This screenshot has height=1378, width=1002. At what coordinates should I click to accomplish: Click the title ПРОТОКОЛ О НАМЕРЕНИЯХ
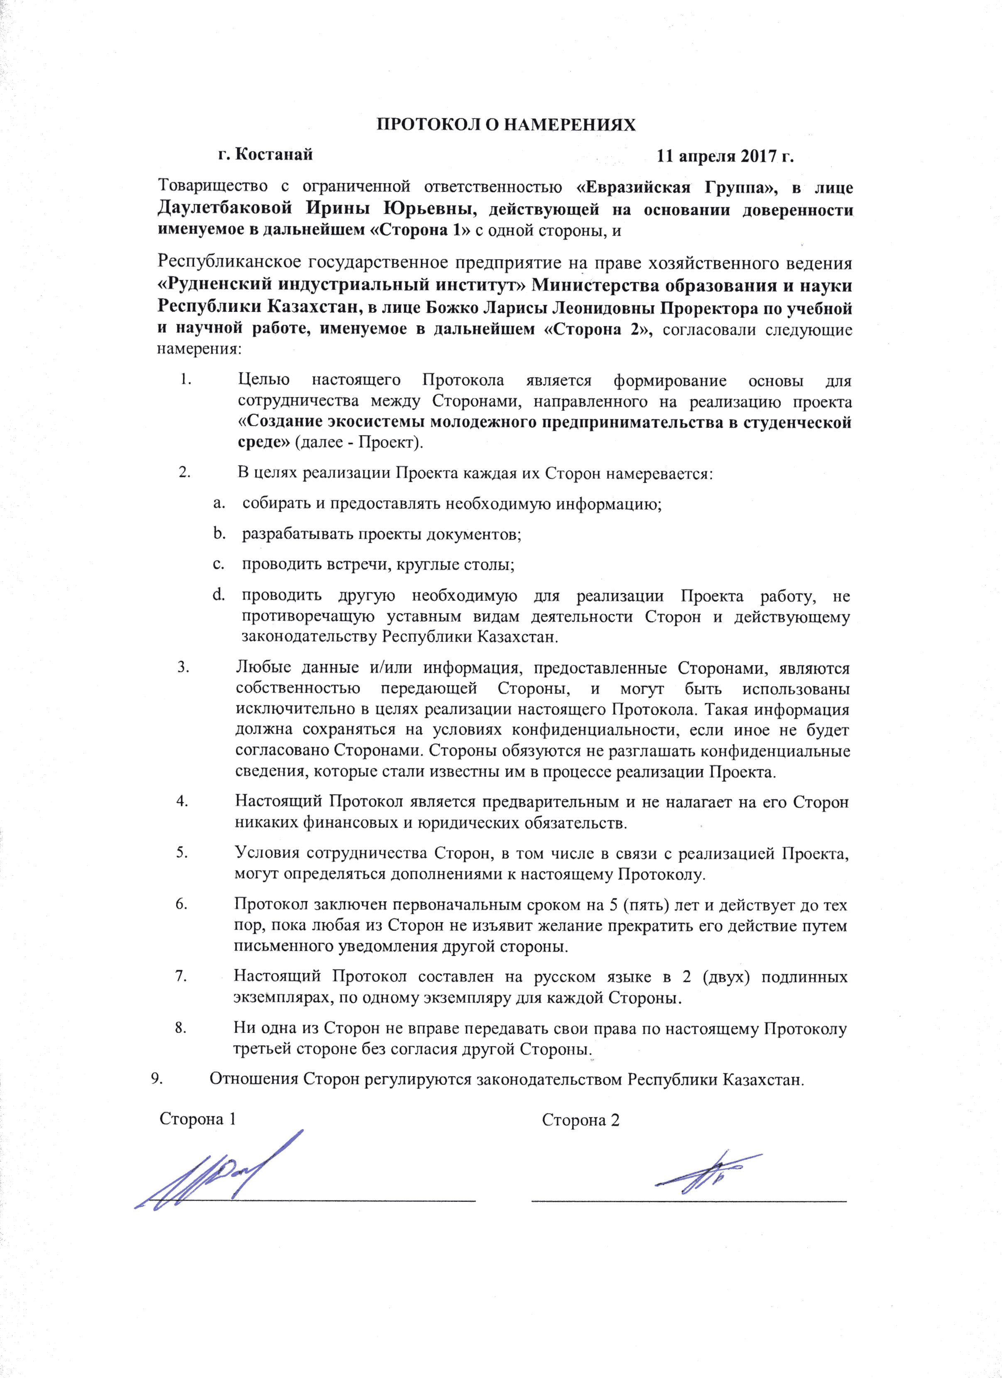[x=506, y=125]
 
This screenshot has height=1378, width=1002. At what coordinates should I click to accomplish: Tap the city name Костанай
[x=274, y=154]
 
